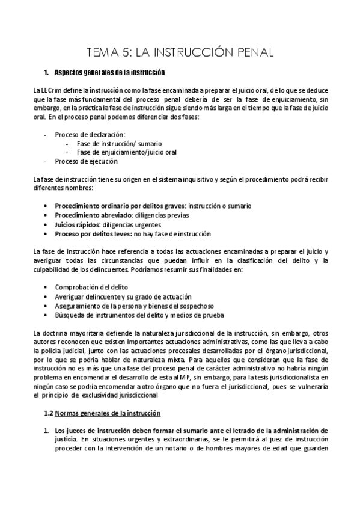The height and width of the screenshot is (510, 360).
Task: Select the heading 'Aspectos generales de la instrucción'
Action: (x=109, y=73)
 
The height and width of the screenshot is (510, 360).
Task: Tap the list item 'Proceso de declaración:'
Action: (x=90, y=134)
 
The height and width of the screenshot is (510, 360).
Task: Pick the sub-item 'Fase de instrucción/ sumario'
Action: (x=119, y=143)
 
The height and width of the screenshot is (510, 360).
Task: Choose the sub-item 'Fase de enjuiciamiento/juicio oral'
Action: (x=127, y=152)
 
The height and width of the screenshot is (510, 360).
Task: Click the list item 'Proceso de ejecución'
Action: (x=86, y=161)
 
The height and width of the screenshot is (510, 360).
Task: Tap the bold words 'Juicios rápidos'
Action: (x=76, y=224)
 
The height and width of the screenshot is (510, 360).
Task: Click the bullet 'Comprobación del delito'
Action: (x=91, y=287)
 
